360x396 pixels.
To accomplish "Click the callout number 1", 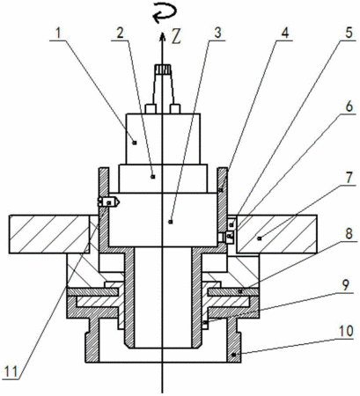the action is click(x=58, y=33).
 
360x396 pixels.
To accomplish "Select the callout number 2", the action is click(x=120, y=33).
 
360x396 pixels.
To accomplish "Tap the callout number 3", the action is click(x=217, y=33).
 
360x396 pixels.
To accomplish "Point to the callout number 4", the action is click(x=285, y=33).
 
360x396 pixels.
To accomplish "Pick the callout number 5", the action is click(x=349, y=33).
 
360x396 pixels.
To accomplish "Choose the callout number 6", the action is click(x=349, y=106).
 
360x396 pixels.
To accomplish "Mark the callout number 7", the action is click(x=349, y=178).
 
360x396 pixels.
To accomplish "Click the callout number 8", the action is click(x=349, y=234).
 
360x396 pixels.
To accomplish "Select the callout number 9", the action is click(x=346, y=285).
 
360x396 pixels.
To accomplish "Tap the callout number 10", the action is click(x=346, y=331).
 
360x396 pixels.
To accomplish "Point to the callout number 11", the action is click(x=11, y=372).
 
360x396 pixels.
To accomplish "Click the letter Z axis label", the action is click(x=177, y=37).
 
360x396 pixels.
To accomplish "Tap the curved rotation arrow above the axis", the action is click(x=165, y=14).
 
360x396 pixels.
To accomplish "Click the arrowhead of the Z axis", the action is click(x=162, y=36).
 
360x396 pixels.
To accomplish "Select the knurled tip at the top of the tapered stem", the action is click(x=162, y=70).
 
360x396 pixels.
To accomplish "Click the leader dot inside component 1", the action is click(x=135, y=143).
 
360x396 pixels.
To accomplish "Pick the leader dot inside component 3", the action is click(x=171, y=222).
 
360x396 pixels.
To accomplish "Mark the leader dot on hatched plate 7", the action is click(x=259, y=238).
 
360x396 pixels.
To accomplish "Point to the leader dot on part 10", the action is click(x=233, y=355).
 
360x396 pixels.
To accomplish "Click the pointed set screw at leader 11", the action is click(x=108, y=202).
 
